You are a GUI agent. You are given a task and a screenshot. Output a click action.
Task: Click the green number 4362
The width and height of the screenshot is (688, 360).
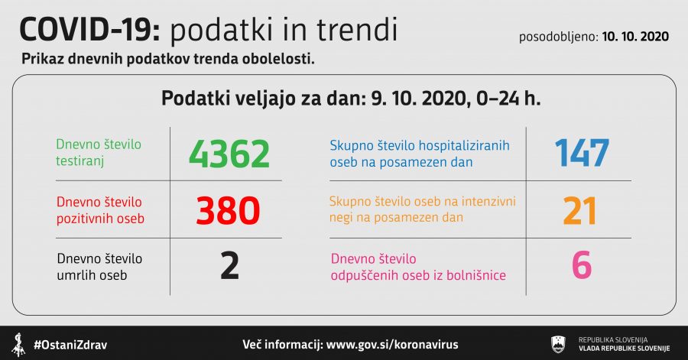[x=229, y=154]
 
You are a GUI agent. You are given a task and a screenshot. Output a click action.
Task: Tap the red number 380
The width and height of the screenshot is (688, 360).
[x=228, y=211]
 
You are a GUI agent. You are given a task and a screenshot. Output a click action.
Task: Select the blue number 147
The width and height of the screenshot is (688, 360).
[x=582, y=153]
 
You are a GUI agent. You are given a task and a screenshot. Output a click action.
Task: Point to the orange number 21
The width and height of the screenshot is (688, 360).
[x=579, y=211]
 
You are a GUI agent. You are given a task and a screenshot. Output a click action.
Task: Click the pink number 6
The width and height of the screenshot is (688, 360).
[x=582, y=265]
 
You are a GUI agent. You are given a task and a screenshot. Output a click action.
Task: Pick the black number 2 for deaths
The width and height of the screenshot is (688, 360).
[x=229, y=266]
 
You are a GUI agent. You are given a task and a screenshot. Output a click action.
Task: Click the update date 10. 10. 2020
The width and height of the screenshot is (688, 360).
[x=635, y=37]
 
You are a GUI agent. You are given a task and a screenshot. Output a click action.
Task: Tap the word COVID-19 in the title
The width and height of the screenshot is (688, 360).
[x=90, y=30]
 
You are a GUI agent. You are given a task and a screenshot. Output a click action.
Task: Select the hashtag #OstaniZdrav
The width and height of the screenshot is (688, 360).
[x=70, y=345]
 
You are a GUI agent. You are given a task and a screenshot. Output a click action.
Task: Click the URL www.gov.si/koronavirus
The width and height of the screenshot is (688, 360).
[x=392, y=345]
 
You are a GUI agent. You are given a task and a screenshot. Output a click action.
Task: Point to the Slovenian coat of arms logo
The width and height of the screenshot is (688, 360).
[x=558, y=344]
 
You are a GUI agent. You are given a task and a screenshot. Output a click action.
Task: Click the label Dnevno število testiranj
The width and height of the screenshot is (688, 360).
[x=99, y=153]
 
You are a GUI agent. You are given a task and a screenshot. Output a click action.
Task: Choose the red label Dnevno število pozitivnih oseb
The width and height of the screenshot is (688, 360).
[x=100, y=210]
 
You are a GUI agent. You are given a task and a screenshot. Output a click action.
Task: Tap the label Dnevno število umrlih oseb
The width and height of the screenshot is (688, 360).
[x=99, y=267]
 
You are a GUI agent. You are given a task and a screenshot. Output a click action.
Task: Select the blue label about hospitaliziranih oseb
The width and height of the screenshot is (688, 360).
[x=420, y=154]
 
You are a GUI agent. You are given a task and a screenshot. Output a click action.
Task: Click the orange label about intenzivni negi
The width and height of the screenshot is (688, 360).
[x=423, y=209]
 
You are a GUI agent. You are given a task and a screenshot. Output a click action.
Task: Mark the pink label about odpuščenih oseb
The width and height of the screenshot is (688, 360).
[x=418, y=267]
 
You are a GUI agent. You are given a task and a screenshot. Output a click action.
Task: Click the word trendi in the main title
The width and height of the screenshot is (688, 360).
[x=357, y=30]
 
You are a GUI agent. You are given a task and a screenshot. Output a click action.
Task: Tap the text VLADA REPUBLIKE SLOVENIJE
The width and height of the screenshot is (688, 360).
[x=624, y=349]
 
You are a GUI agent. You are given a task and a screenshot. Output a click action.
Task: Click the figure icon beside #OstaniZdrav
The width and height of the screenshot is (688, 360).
[x=18, y=345]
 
